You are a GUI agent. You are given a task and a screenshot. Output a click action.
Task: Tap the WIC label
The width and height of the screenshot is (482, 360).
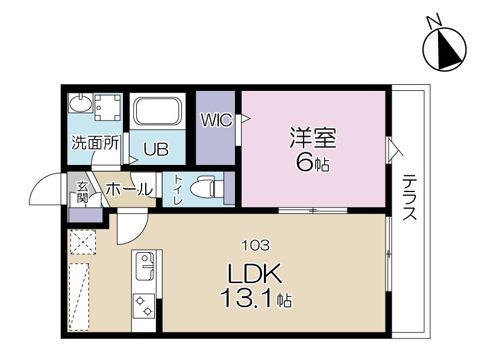(216, 120)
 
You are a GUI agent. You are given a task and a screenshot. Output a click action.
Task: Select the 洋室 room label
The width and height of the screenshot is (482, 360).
(312, 138)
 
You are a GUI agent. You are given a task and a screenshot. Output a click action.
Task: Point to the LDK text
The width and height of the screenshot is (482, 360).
(254, 276)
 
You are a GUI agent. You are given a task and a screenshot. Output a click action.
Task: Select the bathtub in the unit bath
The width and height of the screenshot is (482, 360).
(157, 112)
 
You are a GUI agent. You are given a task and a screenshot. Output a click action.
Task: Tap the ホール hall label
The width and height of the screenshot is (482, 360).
(128, 189)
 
